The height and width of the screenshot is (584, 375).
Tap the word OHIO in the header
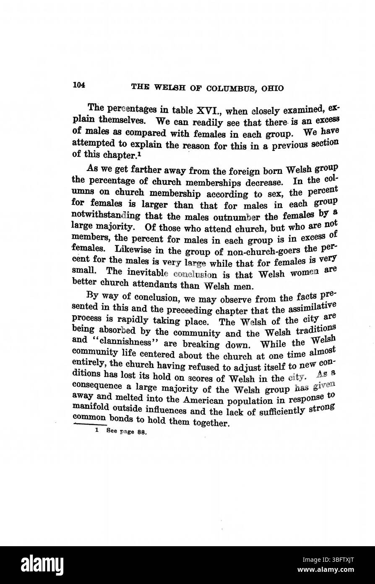[x=272, y=88]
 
